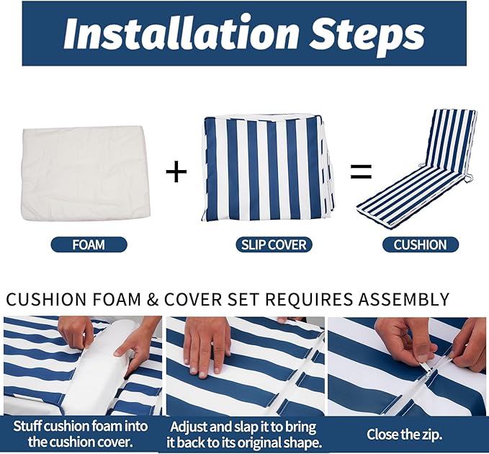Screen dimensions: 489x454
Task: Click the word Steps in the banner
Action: pyautogui.click(x=367, y=35)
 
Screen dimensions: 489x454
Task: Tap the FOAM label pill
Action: pyautogui.click(x=89, y=244)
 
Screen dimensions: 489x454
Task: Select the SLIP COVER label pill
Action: pyautogui.click(x=274, y=244)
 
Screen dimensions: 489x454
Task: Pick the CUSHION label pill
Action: pyautogui.click(x=421, y=244)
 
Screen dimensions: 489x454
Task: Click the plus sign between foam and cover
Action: pyautogui.click(x=176, y=171)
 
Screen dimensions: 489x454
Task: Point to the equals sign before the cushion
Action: pyautogui.click(x=361, y=172)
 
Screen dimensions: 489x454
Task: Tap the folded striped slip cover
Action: pyautogui.click(x=268, y=168)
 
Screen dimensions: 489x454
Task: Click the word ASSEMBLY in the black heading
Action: pyautogui.click(x=403, y=299)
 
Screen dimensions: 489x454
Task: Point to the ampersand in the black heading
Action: pyautogui.click(x=153, y=299)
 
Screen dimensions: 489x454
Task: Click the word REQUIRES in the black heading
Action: pyautogui.click(x=309, y=299)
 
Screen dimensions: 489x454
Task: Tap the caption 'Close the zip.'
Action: pyautogui.click(x=404, y=434)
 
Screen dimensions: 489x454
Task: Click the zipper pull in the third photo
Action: pyautogui.click(x=429, y=370)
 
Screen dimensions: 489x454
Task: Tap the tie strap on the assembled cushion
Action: pyautogui.click(x=468, y=178)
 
